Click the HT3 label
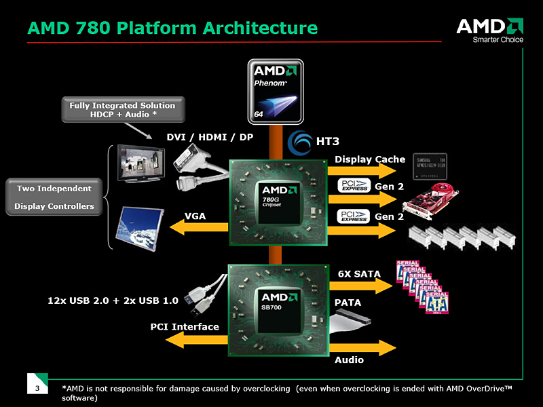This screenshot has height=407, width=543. pos(328,141)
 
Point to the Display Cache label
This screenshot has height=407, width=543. pos(370,159)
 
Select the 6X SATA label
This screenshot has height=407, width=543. pos(359,273)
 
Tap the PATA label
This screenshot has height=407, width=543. pos(348,302)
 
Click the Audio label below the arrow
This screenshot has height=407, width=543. pos(349,360)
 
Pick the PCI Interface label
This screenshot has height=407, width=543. pos(185,327)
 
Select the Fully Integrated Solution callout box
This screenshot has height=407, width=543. pos(122,110)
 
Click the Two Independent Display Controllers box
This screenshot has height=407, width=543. pos(54,197)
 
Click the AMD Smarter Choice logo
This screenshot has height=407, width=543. pos(489,31)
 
